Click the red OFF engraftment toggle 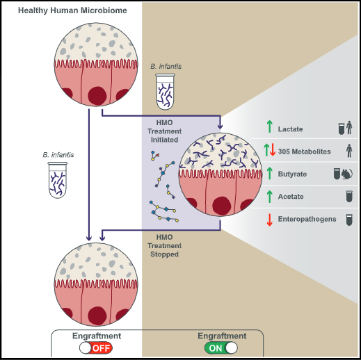coord(96,348)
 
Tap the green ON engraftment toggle coord(221,348)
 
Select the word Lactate coord(290,129)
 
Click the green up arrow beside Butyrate coord(269,174)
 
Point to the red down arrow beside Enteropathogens coord(269,220)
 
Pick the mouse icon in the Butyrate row coord(347,174)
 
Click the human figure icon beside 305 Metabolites coord(349,151)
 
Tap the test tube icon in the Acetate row coord(349,197)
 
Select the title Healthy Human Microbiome coord(72,10)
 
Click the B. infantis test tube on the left coord(58,180)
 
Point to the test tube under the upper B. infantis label coord(165,92)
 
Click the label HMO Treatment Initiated coord(165,131)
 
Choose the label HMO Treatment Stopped coord(165,245)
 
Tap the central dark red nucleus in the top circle coord(97,96)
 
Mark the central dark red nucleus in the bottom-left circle coord(97,316)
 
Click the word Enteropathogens coord(307,219)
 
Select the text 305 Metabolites coord(304,152)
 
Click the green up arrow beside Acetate coord(269,197)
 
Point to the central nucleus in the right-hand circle coord(222,206)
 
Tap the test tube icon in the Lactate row coord(342,129)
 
